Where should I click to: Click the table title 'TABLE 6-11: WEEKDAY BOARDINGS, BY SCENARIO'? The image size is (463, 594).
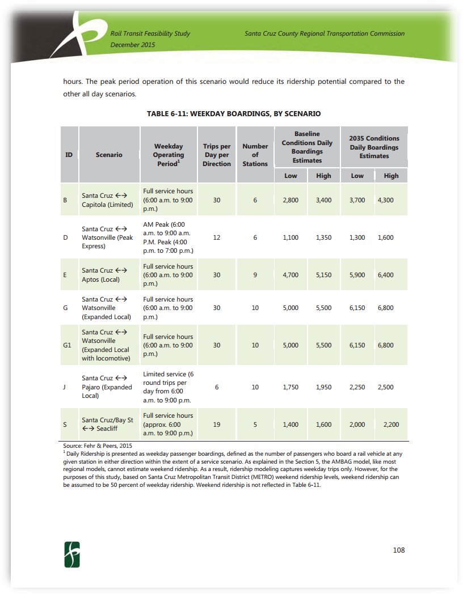234,114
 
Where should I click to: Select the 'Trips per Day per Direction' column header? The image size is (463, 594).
217,155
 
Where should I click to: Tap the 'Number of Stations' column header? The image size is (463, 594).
255,155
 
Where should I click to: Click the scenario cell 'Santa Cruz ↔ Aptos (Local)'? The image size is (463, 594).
106,275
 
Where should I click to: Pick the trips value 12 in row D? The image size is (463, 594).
217,237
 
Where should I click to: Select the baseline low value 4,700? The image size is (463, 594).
291,275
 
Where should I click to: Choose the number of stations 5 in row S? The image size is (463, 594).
255,425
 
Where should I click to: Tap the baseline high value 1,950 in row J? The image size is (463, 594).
323,387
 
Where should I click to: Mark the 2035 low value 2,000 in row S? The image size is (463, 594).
357,425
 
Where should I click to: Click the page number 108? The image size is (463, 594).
398,550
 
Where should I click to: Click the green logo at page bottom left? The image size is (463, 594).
72,554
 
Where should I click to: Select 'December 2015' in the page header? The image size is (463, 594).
133,44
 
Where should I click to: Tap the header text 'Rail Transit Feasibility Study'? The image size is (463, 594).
150,33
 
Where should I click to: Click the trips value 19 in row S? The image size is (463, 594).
217,425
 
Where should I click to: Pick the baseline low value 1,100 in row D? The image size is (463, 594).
291,237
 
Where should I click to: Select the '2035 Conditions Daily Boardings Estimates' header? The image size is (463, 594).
374,147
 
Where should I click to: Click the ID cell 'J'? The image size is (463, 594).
65,387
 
